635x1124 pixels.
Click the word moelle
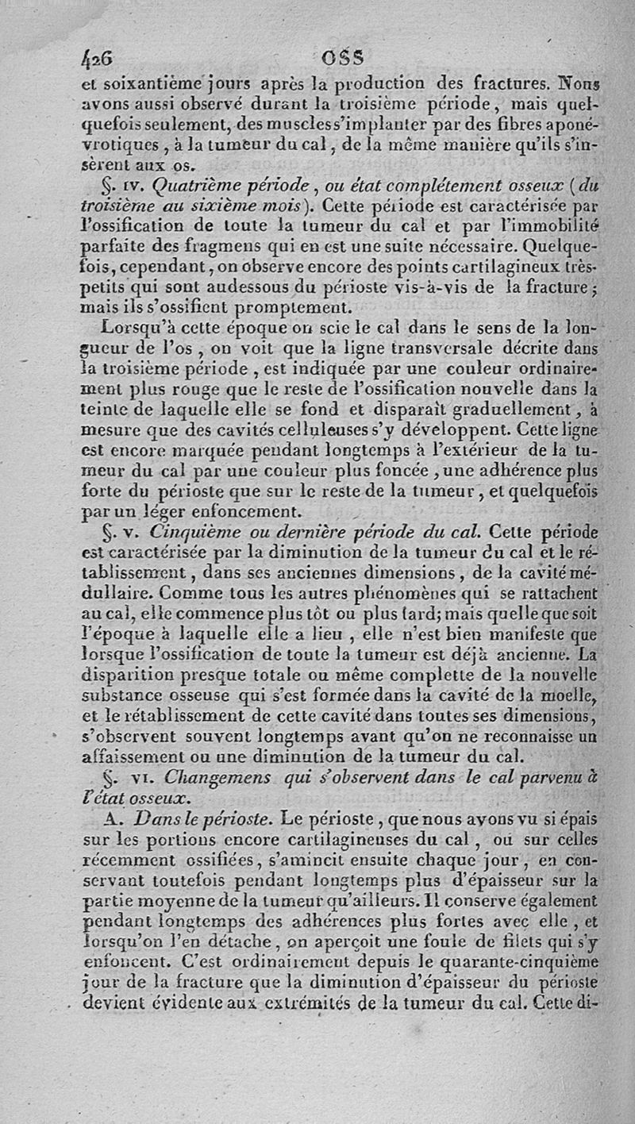pyautogui.click(x=567, y=698)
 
